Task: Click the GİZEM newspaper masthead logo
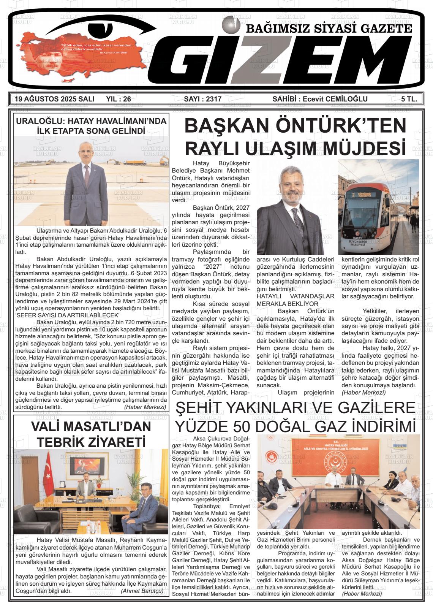coord(289,61)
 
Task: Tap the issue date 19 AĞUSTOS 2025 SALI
coord(54,99)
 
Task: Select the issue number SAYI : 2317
coord(202,99)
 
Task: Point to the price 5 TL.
coord(409,99)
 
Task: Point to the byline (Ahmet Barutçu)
coord(142,591)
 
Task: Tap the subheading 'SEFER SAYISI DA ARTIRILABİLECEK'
coord(68,315)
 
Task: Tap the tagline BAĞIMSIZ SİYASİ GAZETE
coord(329,29)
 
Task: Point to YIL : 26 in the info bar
coord(119,99)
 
